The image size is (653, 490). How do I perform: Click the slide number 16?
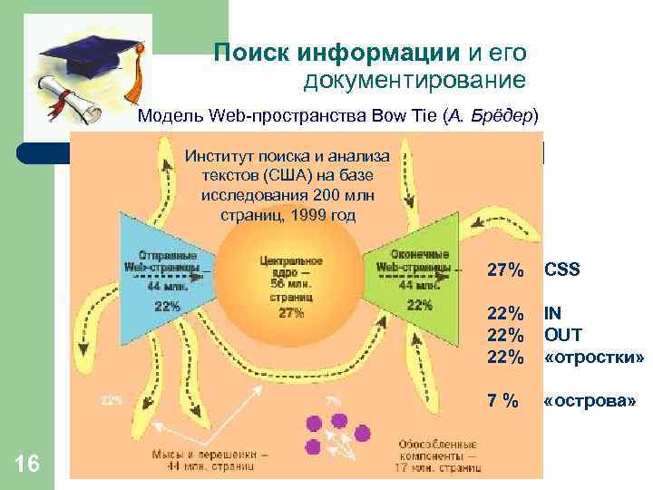coord(27,465)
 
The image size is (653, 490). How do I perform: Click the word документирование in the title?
coord(414,82)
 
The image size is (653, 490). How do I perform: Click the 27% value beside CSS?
coord(505,270)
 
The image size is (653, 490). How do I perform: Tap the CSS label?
coord(561,270)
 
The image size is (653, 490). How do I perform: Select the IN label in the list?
coord(552,314)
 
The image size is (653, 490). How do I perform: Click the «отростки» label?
coord(594,358)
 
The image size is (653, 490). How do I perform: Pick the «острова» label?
coord(589,400)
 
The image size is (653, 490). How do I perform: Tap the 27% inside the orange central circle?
coord(292,314)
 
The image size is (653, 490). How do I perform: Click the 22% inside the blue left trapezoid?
coord(167,306)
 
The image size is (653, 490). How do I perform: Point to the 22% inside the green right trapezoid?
coord(419,305)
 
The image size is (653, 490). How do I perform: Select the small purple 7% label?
coord(334,399)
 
